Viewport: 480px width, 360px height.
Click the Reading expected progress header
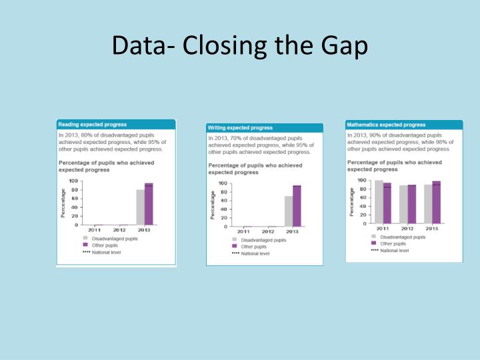point(92,124)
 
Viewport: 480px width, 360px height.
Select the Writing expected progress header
point(241,127)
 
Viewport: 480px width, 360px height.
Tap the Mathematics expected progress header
point(386,124)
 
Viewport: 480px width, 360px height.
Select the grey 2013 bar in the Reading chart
point(141,207)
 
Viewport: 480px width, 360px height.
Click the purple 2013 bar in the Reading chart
point(149,204)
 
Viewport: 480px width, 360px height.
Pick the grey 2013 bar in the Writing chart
point(289,211)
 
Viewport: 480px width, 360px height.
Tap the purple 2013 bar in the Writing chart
point(297,206)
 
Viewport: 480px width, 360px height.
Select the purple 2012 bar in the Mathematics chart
point(412,204)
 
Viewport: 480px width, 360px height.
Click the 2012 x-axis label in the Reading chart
point(119,230)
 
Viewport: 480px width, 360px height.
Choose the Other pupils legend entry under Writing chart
point(253,247)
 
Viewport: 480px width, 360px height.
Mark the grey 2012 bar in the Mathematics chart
point(403,204)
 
